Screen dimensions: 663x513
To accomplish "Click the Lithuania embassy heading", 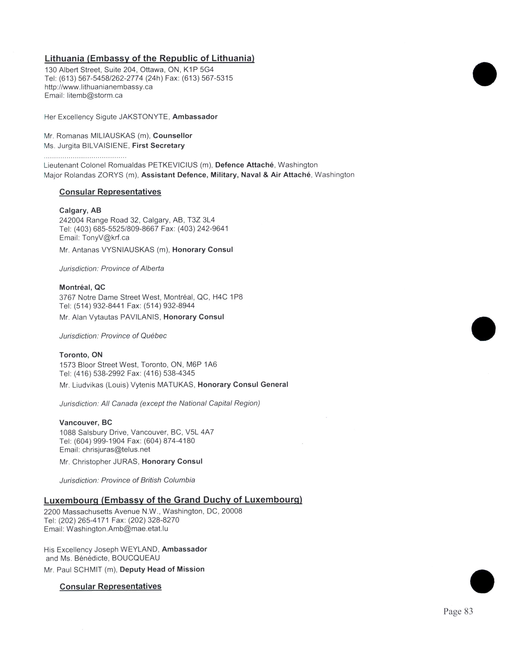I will pyautogui.click(x=149, y=58).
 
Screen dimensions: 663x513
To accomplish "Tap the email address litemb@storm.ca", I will pyautogui.click(x=95, y=96).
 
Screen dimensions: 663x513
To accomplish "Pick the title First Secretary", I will pyautogui.click(x=158, y=146).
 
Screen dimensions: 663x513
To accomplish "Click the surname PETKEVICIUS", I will pyautogui.click(x=173, y=165).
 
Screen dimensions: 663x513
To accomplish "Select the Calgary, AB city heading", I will pyautogui.click(x=80, y=210).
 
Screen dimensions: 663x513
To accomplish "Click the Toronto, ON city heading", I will pyautogui.click(x=81, y=355).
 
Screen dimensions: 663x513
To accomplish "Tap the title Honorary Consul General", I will pyautogui.click(x=243, y=385).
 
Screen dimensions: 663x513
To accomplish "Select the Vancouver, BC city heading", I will pyautogui.click(x=86, y=423).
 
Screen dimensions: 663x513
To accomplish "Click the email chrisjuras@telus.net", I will pyautogui.click(x=116, y=450).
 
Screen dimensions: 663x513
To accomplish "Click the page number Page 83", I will pyautogui.click(x=458, y=611).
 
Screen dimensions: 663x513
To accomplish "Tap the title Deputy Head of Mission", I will pyautogui.click(x=162, y=569).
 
